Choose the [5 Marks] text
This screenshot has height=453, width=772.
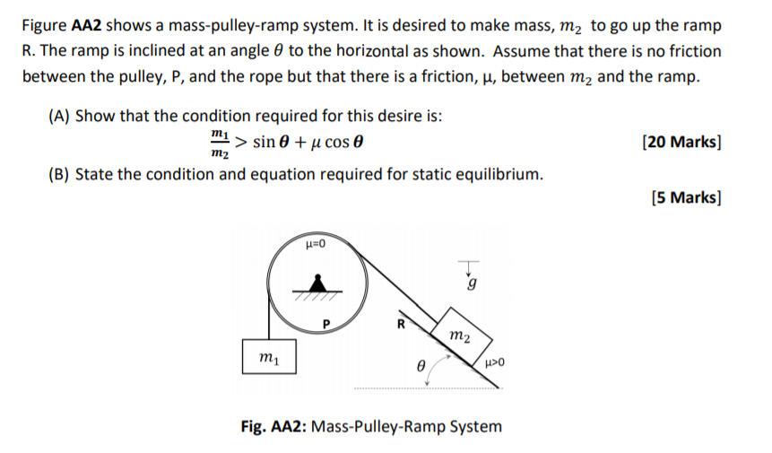pos(686,197)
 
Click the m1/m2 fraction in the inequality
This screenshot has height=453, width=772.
pos(219,142)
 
